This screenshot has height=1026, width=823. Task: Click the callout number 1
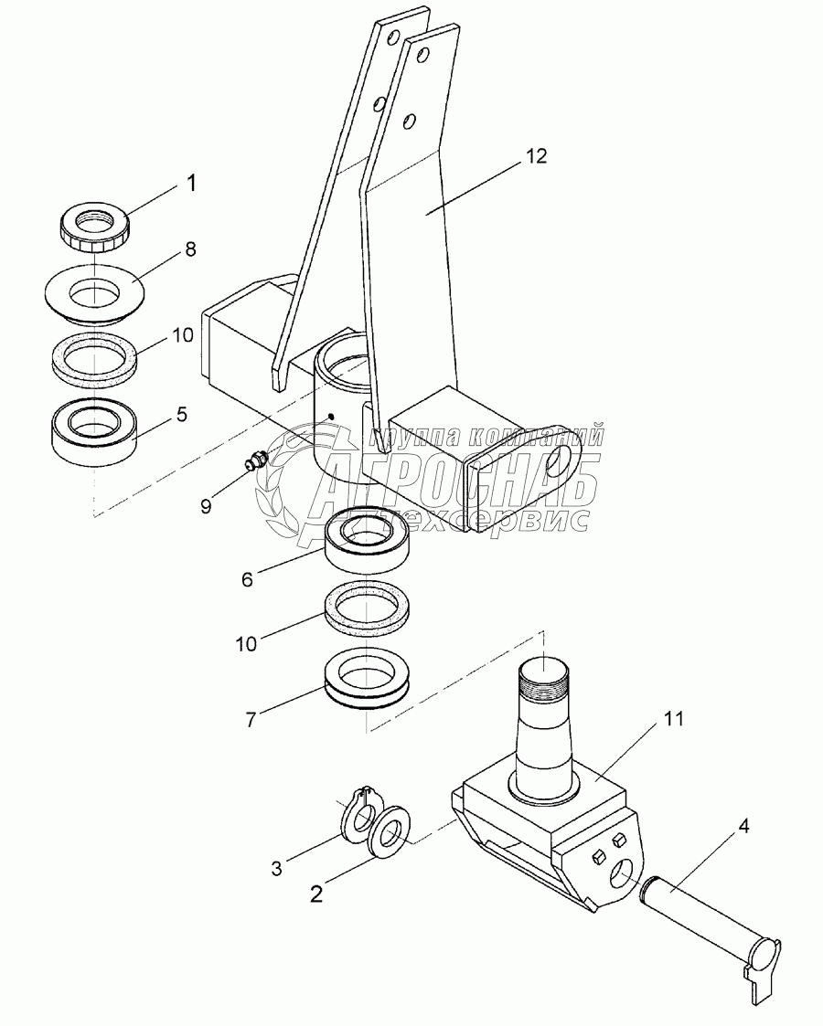pyautogui.click(x=190, y=183)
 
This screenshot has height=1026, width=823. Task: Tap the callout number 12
pyautogui.click(x=537, y=156)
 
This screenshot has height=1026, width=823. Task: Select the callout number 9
pyautogui.click(x=207, y=505)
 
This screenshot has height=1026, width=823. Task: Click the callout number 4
pyautogui.click(x=744, y=828)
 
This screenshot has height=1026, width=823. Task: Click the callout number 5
pyautogui.click(x=182, y=414)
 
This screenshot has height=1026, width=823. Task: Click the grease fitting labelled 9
pyautogui.click(x=255, y=462)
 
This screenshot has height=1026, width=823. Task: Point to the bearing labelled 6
pyautogui.click(x=371, y=541)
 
